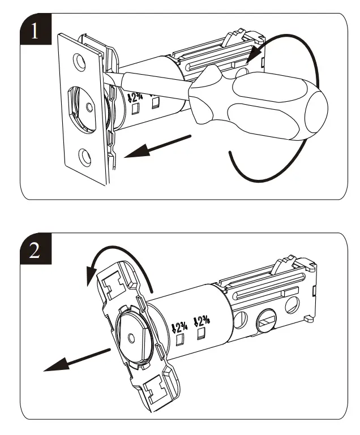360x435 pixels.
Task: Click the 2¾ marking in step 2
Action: [x=180, y=326]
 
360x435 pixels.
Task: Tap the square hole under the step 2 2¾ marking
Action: [x=181, y=341]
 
